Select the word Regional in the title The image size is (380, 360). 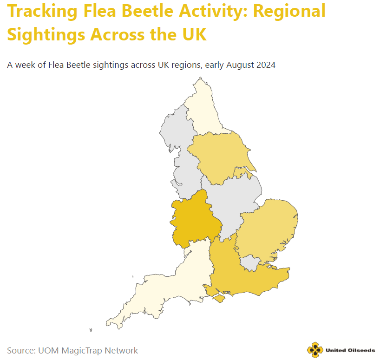point(289,11)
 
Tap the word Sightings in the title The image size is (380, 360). point(45,34)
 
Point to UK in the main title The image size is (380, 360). point(191,34)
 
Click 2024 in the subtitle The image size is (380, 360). point(265,65)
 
